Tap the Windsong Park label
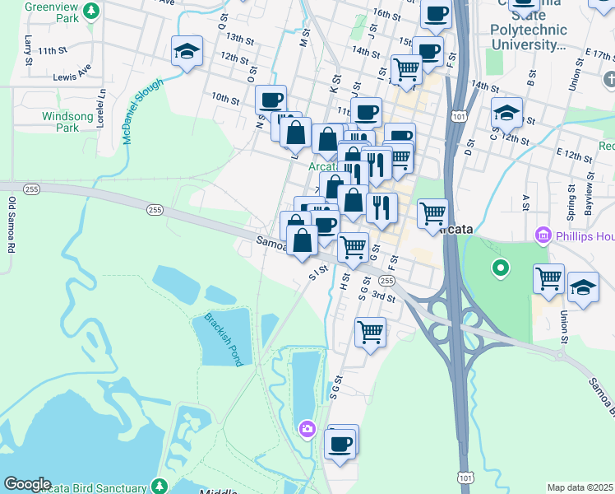62,122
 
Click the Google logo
27,484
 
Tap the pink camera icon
307,428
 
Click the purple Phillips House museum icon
543,237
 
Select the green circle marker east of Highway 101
499,268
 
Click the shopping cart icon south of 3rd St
370,333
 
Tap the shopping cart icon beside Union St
548,278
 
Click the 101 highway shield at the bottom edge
466,478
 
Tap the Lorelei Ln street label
103,105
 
